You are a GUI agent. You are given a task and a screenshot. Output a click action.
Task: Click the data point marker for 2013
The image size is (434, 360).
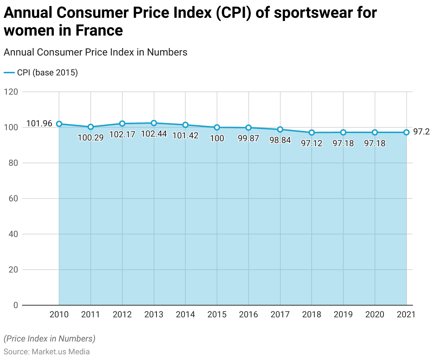(x=154, y=123)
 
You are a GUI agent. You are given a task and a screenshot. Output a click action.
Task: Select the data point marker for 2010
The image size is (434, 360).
(x=59, y=124)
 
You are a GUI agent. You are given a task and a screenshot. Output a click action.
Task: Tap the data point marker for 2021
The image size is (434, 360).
(x=406, y=132)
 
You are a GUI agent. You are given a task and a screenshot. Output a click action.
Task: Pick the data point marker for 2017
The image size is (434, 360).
(x=280, y=129)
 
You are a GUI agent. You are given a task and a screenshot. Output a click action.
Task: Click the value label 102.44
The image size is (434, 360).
(x=154, y=134)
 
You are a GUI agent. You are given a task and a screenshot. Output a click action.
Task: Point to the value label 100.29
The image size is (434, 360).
(x=91, y=138)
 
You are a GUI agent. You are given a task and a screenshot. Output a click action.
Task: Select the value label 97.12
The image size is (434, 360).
(x=312, y=143)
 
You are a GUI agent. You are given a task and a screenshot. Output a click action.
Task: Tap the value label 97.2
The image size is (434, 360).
(x=421, y=132)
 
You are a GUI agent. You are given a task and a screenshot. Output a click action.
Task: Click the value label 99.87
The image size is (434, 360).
(x=248, y=138)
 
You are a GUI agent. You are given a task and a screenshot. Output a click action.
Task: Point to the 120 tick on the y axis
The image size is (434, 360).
(x=11, y=92)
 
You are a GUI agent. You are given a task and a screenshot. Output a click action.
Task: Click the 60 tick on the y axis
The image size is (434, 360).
(x=13, y=198)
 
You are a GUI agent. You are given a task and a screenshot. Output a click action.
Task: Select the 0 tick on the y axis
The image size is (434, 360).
(x=15, y=305)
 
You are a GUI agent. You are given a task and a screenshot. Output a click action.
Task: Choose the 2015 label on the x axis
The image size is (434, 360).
(x=217, y=314)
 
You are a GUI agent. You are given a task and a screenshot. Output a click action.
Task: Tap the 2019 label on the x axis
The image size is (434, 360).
(x=343, y=314)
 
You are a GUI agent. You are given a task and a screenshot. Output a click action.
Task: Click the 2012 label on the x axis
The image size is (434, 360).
(x=122, y=314)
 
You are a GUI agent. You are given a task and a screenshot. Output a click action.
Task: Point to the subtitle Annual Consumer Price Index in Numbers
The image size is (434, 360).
(x=95, y=52)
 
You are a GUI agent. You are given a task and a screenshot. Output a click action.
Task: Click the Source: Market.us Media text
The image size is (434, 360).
(x=47, y=352)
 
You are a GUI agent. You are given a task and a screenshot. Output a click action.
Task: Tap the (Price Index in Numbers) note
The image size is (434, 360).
(x=49, y=339)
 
